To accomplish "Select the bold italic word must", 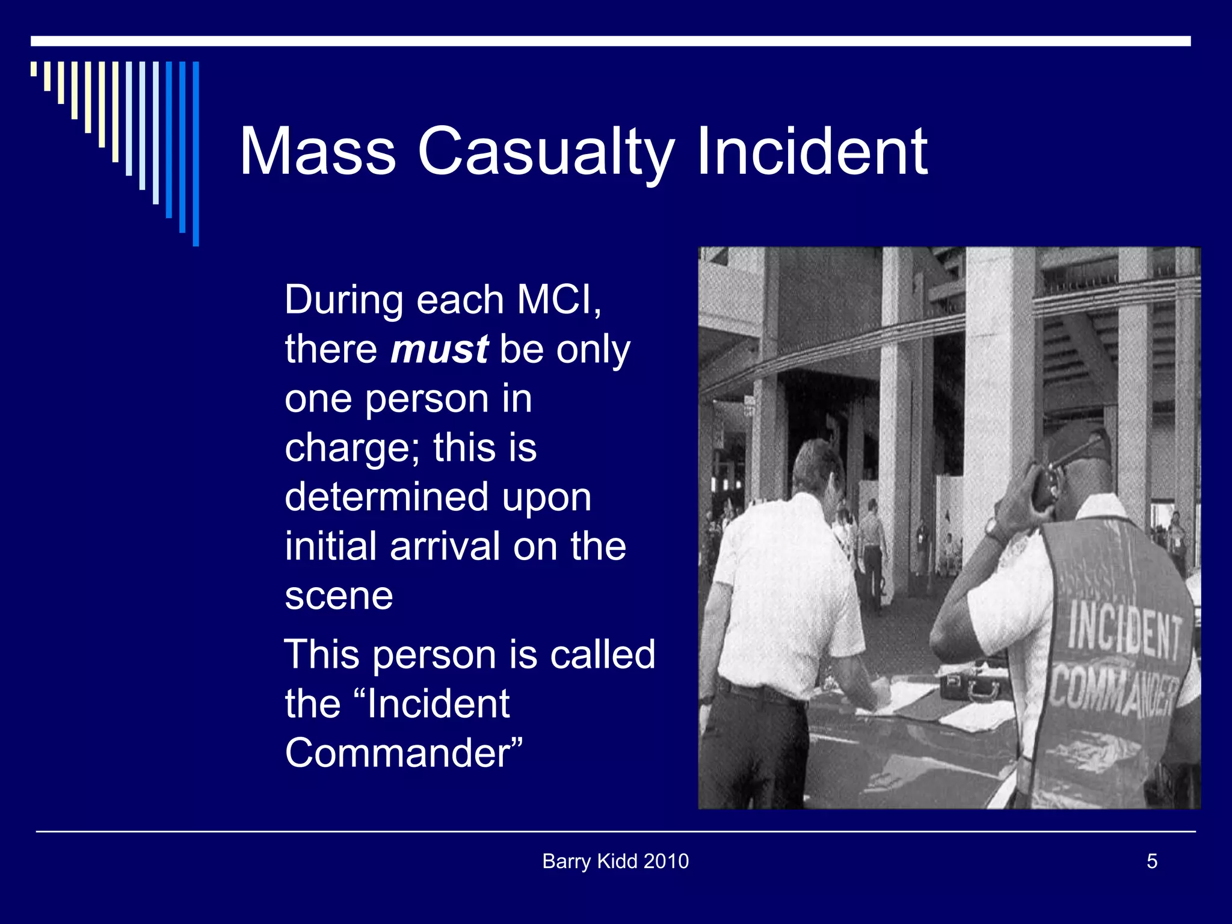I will [x=440, y=350].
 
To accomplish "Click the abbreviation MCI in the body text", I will [x=554, y=300].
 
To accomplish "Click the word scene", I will [x=339, y=596].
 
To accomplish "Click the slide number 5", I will [x=1151, y=861].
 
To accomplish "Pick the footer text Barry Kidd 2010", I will [x=615, y=861].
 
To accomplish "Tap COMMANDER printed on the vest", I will [x=1113, y=692].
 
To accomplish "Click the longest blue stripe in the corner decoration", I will [x=196, y=153].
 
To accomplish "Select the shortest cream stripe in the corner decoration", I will [x=34, y=69].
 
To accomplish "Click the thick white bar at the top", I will [x=611, y=41].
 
